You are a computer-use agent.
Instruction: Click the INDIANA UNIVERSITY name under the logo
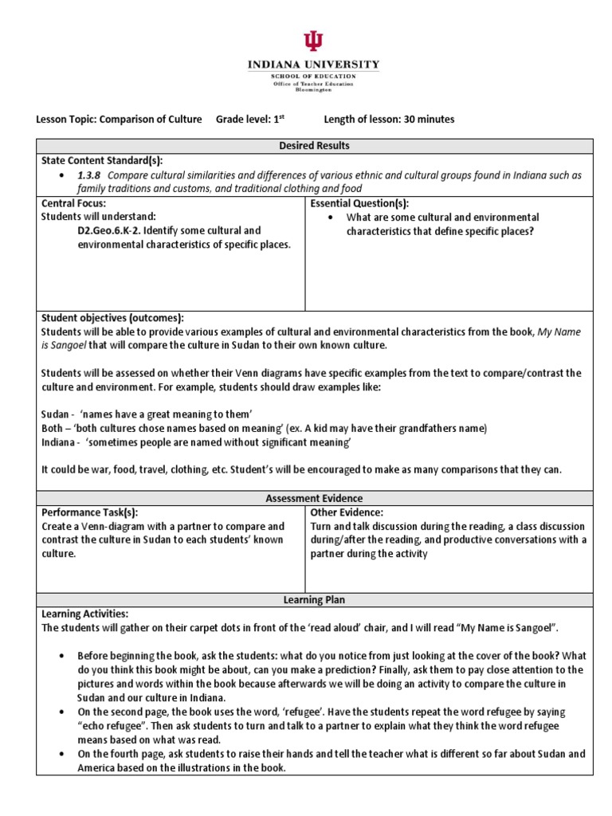313,65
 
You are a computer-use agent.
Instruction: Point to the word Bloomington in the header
313,90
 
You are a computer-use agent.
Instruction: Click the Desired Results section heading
314,146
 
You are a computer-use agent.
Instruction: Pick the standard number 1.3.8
89,175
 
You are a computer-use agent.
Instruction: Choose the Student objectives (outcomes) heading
112,317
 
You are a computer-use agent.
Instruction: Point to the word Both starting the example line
54,428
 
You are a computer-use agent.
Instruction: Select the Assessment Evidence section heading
314,498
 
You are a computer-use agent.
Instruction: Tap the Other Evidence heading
347,512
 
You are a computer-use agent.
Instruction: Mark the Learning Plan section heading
314,599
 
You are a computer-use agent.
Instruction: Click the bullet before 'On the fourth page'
62,753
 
